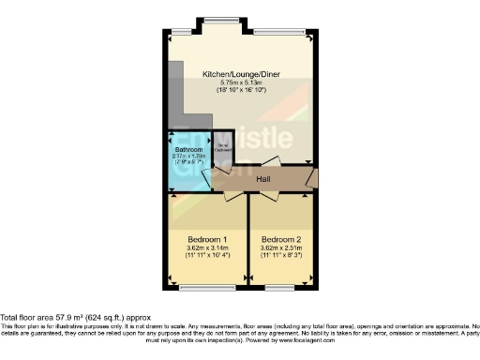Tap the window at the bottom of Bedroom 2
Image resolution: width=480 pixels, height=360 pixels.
[282, 287]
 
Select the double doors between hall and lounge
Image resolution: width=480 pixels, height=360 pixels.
[262, 161]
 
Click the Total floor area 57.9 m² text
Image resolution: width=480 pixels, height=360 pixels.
[77, 319]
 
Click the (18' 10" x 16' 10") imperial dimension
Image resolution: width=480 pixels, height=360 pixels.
[239, 90]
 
